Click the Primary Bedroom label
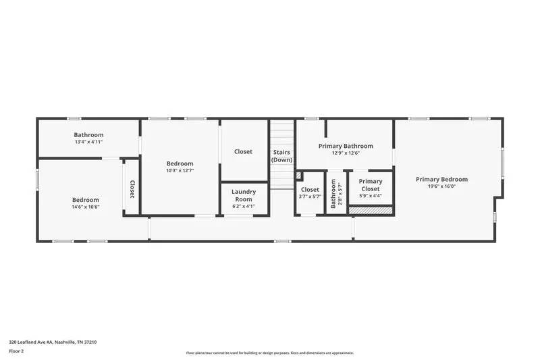[441, 179]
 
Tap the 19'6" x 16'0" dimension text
[441, 186]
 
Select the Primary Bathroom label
[346, 146]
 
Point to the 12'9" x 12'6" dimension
[346, 153]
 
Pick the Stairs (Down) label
[281, 156]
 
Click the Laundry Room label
[244, 195]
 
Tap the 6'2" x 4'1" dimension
[244, 206]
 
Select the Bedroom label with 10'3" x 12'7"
[180, 163]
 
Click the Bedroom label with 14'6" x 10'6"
[86, 200]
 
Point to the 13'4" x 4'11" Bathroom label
[88, 135]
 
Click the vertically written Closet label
[132, 189]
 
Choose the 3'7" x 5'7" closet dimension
[310, 197]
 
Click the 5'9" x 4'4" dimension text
[370, 197]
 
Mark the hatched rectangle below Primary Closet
[370, 211]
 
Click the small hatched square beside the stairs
[298, 175]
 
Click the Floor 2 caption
[16, 352]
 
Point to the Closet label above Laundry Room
[243, 152]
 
